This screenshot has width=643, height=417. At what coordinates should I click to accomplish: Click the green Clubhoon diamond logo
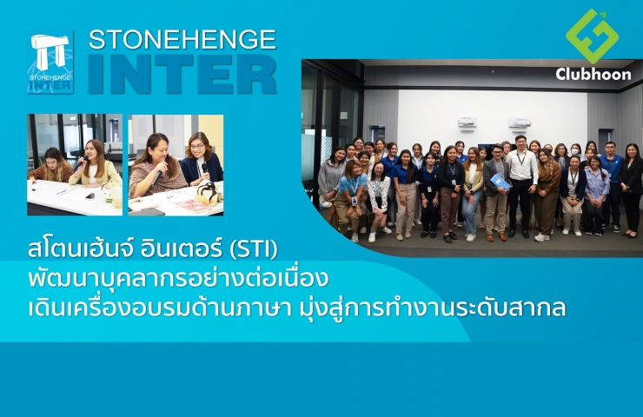592,36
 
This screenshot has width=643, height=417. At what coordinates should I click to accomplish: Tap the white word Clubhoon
593,74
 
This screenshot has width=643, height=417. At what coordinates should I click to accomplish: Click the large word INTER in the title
182,74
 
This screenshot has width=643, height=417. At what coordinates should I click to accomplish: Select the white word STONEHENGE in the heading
182,39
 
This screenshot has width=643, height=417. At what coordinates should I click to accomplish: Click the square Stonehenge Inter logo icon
50,62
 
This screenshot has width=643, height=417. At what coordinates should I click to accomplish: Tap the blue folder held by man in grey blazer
500,182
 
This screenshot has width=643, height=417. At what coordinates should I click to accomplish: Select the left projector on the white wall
467,123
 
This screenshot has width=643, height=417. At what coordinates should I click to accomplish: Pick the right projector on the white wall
520,122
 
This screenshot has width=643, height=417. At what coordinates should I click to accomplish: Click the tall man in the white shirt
521,185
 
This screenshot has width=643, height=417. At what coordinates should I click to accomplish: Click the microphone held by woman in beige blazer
80,163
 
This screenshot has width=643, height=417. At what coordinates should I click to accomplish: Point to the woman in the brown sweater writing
50,167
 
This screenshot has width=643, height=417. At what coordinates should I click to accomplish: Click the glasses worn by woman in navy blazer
197,146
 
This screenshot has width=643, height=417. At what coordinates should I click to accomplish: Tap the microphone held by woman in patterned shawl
157,176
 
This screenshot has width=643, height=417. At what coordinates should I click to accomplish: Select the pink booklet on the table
193,205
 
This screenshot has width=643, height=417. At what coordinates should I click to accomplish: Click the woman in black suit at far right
631,190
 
